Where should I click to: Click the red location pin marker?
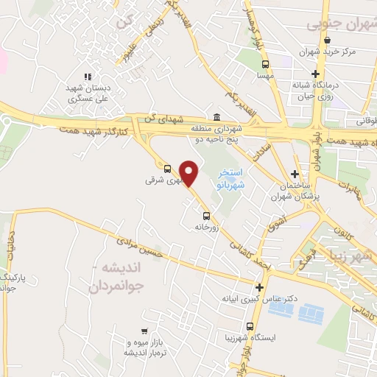189,173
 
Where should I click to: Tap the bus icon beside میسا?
266,63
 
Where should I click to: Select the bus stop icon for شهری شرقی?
167,168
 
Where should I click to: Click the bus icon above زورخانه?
206,216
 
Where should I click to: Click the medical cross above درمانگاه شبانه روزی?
316,74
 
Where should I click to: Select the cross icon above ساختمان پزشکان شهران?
295,174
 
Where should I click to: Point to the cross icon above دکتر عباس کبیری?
259,288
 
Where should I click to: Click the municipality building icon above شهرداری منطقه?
216,117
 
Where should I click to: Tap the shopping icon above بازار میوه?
144,331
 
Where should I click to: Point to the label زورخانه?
208,228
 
